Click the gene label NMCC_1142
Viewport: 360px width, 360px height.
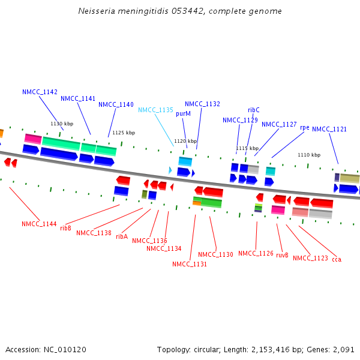tap(40, 92)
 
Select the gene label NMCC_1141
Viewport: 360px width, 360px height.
tap(78, 98)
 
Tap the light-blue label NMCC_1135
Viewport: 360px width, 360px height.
tap(155, 110)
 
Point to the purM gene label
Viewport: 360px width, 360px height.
tap(183, 113)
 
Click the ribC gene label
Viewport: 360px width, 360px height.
tap(254, 110)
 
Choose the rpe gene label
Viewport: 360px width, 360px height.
tap(305, 127)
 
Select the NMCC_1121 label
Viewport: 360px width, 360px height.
tap(329, 129)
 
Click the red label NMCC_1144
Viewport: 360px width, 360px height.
tap(39, 224)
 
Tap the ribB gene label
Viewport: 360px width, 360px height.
tap(65, 228)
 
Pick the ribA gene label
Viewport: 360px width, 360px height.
tap(122, 236)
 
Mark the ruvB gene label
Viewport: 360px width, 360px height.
tap(282, 255)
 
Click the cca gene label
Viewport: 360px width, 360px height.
tap(337, 259)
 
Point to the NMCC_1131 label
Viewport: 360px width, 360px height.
tap(190, 264)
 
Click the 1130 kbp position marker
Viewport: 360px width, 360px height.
tap(62, 124)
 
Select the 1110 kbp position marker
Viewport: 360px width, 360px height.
tap(309, 155)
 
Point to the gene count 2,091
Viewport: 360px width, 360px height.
tap(343, 349)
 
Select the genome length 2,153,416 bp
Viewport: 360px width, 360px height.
tap(278, 349)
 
